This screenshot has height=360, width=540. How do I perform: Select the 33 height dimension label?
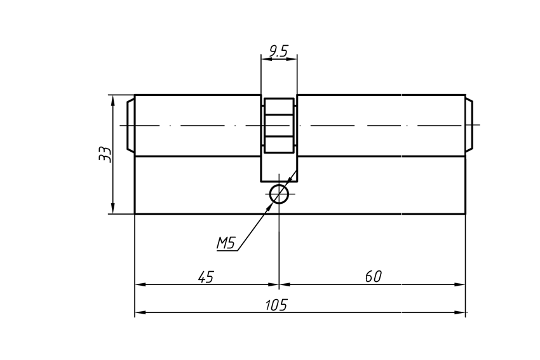coord(105,154)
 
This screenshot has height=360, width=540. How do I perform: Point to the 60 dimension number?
coord(373,276)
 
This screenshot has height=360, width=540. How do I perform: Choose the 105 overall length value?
coord(276,305)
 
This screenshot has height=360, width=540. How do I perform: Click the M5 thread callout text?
coord(226,243)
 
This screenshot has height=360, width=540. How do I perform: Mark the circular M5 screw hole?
coord(279,194)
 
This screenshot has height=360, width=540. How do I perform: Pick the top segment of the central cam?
coord(279,106)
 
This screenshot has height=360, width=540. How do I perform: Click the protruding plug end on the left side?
coord(130,125)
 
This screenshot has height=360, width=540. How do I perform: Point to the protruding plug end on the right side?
coord(469,125)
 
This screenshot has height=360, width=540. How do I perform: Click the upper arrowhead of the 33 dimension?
coord(112,100)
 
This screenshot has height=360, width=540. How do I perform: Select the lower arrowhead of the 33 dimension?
coord(112,209)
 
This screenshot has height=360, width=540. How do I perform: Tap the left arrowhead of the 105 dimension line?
coord(140,313)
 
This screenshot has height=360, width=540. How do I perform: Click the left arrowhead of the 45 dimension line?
coord(140,284)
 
